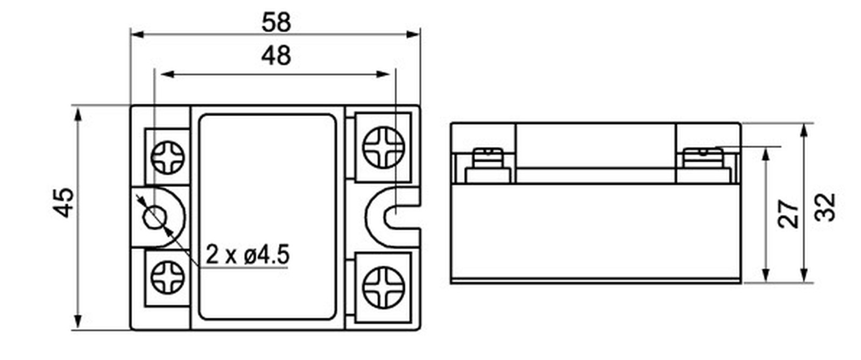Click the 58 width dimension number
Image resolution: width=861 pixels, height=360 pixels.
click(276, 22)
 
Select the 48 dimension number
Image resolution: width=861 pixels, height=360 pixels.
click(276, 55)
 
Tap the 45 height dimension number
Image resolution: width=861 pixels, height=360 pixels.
click(63, 202)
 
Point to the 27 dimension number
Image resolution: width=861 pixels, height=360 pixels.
click(788, 214)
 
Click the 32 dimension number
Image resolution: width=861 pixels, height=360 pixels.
click(825, 208)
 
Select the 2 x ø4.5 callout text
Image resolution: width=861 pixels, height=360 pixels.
click(247, 255)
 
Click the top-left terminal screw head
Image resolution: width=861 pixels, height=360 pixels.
click(167, 158)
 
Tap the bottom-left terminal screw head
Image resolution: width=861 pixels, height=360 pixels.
click(167, 277)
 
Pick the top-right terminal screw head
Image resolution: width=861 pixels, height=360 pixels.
click(383, 147)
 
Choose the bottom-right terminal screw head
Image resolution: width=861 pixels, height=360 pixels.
click(383, 287)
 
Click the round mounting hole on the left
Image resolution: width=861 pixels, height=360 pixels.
click(155, 217)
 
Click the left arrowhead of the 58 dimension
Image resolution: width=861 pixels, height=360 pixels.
click(137, 34)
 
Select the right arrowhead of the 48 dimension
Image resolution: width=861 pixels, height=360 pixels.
click(383, 74)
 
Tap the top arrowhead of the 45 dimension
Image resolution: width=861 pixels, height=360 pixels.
click(78, 115)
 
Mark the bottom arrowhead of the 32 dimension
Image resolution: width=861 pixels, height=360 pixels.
click(804, 274)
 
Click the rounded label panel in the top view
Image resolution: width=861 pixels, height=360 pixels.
click(267, 217)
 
